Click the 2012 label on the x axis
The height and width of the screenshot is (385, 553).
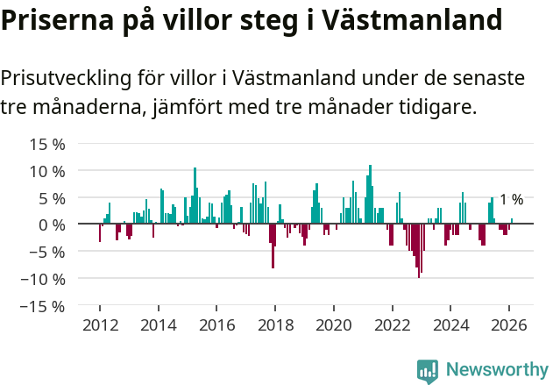(100, 324)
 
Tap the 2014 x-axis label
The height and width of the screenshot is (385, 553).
(158, 324)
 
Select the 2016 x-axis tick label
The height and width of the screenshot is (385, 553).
(216, 324)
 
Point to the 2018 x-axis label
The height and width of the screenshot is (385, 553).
(275, 324)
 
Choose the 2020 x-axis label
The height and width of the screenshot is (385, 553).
(333, 324)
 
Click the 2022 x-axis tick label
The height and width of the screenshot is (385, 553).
(392, 324)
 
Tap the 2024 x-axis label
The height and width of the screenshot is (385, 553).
(450, 324)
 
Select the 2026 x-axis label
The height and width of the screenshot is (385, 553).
(508, 324)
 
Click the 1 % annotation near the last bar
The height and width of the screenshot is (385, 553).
(511, 200)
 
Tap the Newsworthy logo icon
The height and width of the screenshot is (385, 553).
(428, 371)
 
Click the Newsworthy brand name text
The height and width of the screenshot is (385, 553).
(496, 370)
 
